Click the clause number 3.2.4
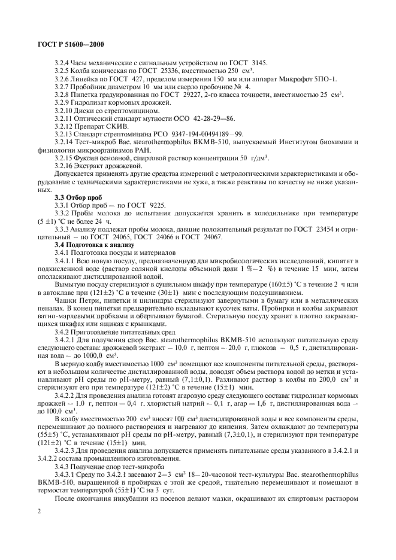(x=61, y=62)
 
